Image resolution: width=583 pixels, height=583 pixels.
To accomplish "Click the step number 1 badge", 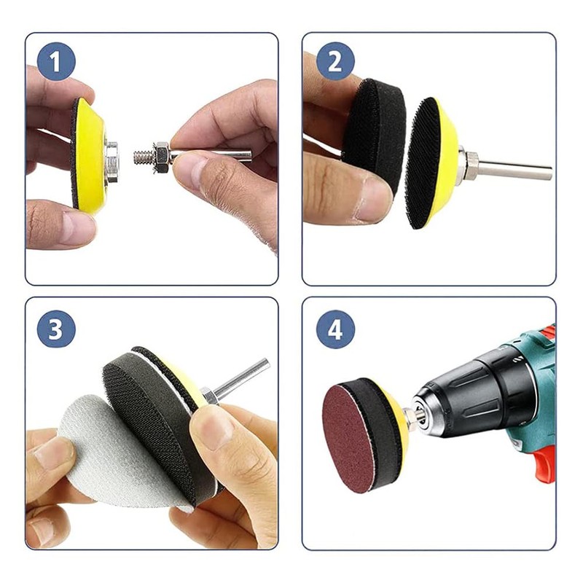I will (56, 61).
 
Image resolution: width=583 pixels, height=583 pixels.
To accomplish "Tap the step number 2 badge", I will (335, 61).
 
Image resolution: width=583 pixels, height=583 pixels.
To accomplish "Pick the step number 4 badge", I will (335, 329).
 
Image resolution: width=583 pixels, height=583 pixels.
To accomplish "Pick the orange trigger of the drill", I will (544, 463).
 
